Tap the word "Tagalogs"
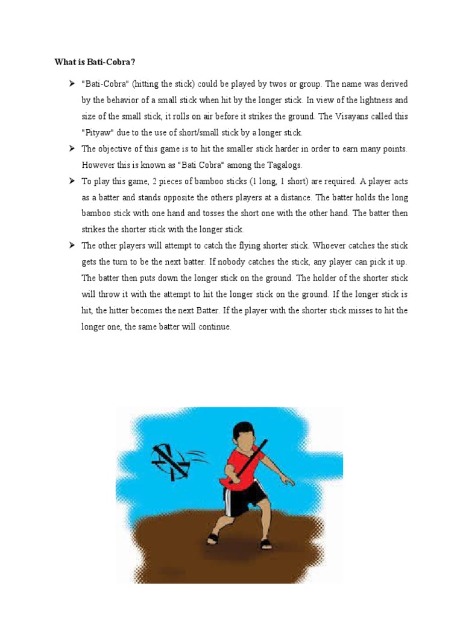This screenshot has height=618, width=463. click(x=282, y=165)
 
